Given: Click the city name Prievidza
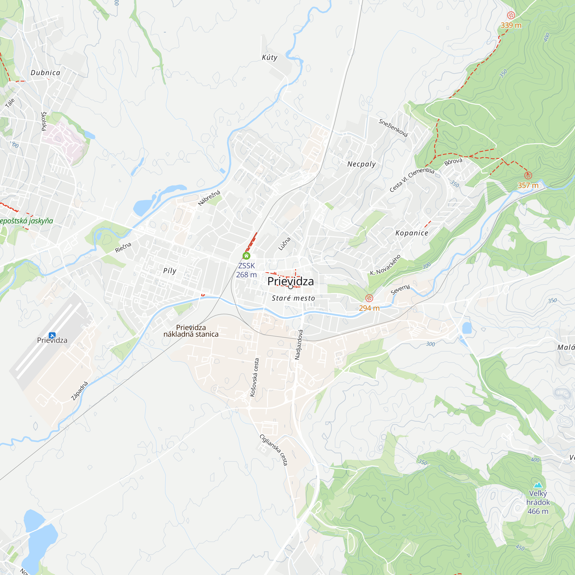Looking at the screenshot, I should [290, 281].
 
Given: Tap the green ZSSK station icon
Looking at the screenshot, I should [246, 256].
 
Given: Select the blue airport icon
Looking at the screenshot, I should [52, 336].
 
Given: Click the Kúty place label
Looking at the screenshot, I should [270, 57].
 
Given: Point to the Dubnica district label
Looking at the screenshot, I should [45, 73].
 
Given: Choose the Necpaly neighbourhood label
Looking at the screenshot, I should [362, 164].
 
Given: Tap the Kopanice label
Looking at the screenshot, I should [412, 233].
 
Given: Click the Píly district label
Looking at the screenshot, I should [170, 271].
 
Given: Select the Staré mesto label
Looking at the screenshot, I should [294, 298].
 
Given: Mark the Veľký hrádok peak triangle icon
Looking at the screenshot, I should [538, 485].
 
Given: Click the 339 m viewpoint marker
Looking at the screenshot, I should [511, 15].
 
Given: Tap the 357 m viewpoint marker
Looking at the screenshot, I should [528, 175].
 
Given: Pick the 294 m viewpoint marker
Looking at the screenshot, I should [369, 298].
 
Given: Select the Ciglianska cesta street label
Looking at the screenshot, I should [274, 449].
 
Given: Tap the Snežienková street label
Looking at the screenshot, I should [393, 128].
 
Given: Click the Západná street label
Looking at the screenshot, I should [80, 391].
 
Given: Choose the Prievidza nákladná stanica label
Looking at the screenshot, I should [191, 331].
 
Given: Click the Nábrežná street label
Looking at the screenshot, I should [209, 198].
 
